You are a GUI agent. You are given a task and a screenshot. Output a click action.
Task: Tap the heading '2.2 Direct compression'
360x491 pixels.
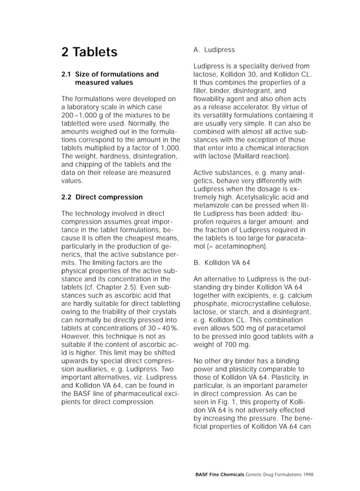pyautogui.click(x=102, y=197)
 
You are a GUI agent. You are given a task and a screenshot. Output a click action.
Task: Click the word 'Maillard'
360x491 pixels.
pyautogui.click(x=251, y=156)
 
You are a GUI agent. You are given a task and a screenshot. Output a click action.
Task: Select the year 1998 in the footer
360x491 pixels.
pyautogui.click(x=307, y=475)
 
